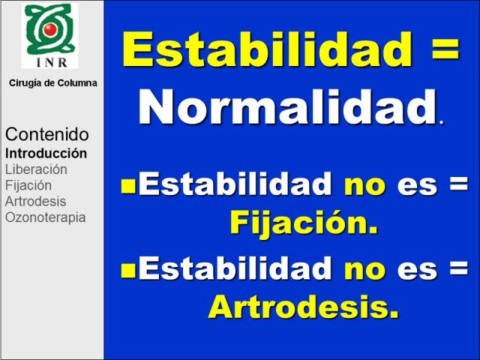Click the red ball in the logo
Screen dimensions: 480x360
pyautogui.click(x=50, y=29)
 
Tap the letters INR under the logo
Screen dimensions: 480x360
pyautogui.click(x=52, y=62)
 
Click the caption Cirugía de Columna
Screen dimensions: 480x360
pyautogui.click(x=53, y=83)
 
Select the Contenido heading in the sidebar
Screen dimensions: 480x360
pyautogui.click(x=47, y=134)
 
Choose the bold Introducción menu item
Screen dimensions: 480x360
pyautogui.click(x=46, y=153)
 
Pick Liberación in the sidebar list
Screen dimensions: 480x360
pyautogui.click(x=36, y=169)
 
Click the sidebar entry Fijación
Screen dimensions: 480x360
pyautogui.click(x=28, y=186)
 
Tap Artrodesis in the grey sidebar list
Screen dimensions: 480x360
pyautogui.click(x=35, y=202)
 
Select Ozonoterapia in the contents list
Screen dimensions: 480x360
pyautogui.click(x=45, y=217)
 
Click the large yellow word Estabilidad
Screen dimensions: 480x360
pyautogui.click(x=268, y=49)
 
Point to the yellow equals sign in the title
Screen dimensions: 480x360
pyautogui.click(x=445, y=49)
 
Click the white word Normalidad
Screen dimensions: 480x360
pyautogui.click(x=288, y=106)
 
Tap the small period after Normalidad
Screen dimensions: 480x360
pyautogui.click(x=441, y=121)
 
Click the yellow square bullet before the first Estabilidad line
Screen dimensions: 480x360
pyautogui.click(x=128, y=187)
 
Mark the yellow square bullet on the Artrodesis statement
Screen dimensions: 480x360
pyautogui.click(x=128, y=271)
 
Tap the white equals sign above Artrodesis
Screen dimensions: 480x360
pyautogui.click(x=459, y=268)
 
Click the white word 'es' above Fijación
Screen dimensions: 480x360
pyautogui.click(x=417, y=186)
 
